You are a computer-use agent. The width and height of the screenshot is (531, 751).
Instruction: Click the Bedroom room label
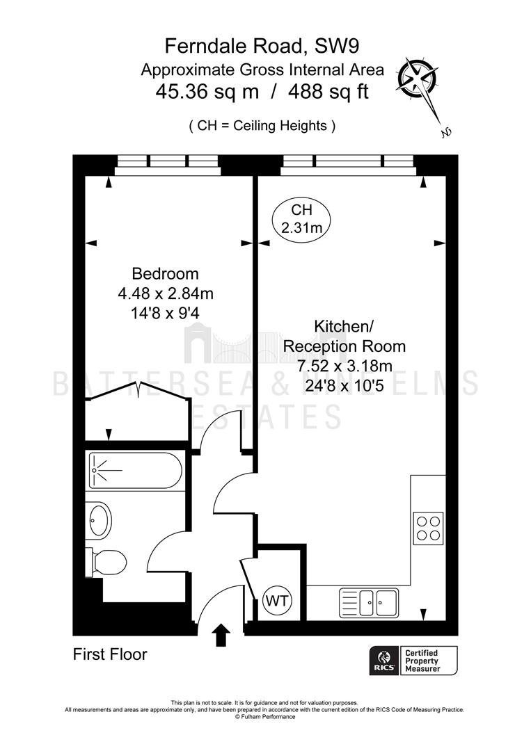click(166, 273)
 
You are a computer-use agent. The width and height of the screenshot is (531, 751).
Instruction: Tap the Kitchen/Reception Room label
click(344, 337)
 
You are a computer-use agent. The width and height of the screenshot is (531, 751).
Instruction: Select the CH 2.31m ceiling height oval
click(301, 218)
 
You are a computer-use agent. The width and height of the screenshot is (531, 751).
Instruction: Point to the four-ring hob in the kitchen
click(429, 527)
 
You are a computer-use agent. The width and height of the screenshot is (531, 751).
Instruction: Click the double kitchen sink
click(369, 602)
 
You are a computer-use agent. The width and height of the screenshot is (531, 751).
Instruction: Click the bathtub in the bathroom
click(136, 471)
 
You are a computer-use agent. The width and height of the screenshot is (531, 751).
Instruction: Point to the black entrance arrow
click(221, 635)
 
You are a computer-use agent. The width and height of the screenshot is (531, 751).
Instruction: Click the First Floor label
click(110, 654)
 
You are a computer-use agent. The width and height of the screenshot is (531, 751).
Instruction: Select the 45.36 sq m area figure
click(207, 92)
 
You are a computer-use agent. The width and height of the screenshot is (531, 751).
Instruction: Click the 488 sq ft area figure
click(328, 92)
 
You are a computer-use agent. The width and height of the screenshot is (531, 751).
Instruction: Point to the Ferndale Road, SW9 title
click(262, 47)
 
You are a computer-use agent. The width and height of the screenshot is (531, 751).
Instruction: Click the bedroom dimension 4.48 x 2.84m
click(166, 293)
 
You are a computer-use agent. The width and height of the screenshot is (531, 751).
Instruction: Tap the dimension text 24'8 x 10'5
click(344, 385)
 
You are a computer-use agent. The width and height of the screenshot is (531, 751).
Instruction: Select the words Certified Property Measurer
click(422, 661)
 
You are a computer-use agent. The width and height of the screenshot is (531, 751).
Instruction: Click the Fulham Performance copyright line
click(265, 717)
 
